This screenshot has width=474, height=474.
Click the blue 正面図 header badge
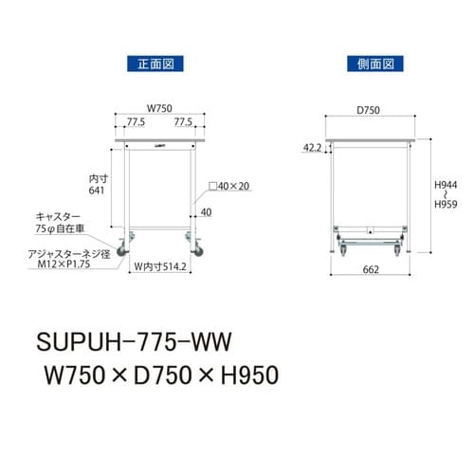click(154, 64)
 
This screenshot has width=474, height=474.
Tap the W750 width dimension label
click(158, 107)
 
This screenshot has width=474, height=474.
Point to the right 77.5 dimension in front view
click(184, 122)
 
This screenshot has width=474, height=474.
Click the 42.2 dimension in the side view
click(312, 148)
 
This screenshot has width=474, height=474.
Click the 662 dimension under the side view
click(371, 270)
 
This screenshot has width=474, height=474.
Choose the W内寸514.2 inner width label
click(161, 267)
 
